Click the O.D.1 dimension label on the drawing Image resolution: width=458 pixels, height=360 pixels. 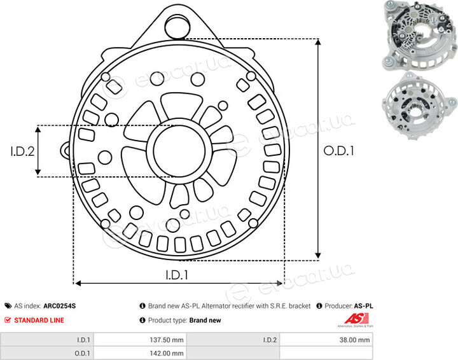[x=339, y=151]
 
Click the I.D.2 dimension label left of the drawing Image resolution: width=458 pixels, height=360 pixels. [x=22, y=151]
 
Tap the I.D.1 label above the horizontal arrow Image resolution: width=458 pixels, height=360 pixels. [x=177, y=275]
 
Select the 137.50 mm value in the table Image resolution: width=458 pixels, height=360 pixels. [x=167, y=340]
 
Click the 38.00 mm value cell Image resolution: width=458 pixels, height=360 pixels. [x=354, y=340]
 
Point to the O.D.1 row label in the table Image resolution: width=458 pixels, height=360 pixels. [x=82, y=353]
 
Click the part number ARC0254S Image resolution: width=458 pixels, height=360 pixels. [x=60, y=306]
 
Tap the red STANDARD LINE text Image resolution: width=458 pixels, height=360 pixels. [x=39, y=320]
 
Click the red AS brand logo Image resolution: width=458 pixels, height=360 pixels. [x=356, y=319]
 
